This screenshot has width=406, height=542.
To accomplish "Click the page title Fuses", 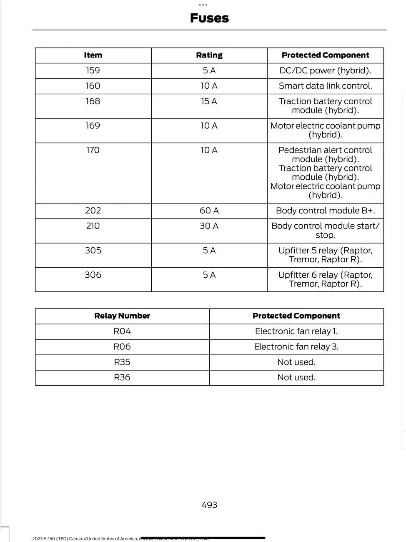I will [x=209, y=18].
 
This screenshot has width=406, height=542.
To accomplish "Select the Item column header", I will [x=93, y=55].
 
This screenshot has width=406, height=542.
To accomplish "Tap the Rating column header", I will [x=209, y=55].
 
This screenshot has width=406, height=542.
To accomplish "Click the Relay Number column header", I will [x=122, y=316].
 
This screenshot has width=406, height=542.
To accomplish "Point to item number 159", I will [x=93, y=70].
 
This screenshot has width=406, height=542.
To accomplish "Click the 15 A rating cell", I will [x=209, y=101].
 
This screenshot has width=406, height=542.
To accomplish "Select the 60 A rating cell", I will [x=209, y=211].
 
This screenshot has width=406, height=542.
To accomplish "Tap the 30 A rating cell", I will [x=209, y=226].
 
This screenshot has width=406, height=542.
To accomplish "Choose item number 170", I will [x=93, y=150].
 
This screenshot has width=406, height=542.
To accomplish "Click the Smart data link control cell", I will [x=325, y=86].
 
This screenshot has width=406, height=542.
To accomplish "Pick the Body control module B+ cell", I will [x=325, y=211].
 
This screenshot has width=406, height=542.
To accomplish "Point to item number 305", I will [x=93, y=251].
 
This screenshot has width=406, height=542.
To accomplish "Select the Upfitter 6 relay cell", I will [x=325, y=279].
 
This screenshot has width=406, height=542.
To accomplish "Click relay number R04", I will [x=122, y=331].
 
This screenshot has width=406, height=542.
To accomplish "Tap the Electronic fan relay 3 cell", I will [x=296, y=346].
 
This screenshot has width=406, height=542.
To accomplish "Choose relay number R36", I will [x=122, y=377].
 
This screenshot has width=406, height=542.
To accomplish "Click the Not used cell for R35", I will [x=296, y=362].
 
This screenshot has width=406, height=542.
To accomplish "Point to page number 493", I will [x=209, y=505].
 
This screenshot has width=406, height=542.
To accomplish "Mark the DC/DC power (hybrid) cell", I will [x=325, y=70].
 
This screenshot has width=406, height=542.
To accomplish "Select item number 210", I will [x=93, y=226].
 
